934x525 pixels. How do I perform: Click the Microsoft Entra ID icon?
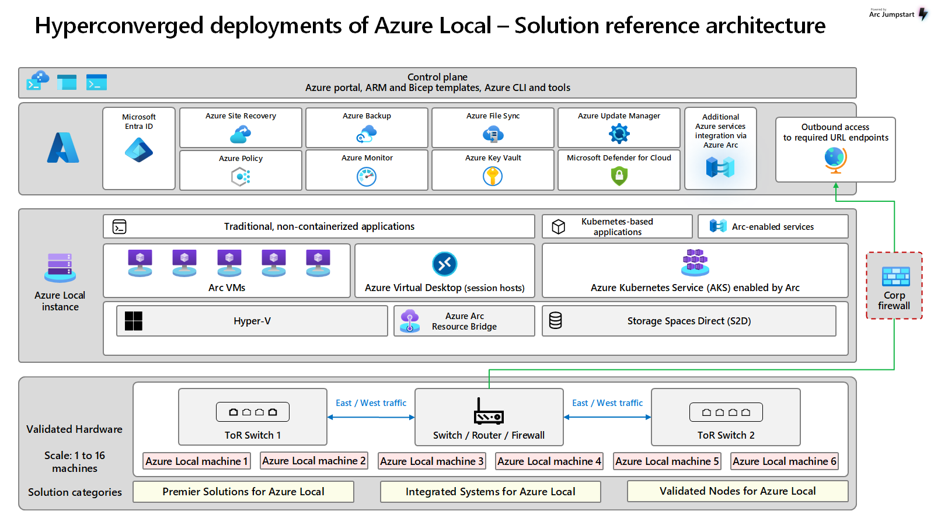tap(139, 150)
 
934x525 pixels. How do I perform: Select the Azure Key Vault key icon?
tap(493, 176)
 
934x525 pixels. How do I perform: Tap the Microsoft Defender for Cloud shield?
tap(619, 176)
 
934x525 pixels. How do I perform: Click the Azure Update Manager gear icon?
tap(619, 134)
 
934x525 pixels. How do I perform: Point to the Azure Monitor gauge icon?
tap(367, 176)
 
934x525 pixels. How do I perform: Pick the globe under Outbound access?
tap(835, 159)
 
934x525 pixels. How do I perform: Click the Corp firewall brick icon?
tap(895, 276)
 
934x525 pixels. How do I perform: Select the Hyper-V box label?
tap(252, 321)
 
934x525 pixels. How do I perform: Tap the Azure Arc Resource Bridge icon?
tap(410, 321)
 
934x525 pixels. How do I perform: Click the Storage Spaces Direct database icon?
tap(556, 320)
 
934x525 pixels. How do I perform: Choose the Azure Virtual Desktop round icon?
tap(445, 264)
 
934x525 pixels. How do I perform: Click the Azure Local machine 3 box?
tap(431, 461)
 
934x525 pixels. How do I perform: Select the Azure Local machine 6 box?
tap(784, 461)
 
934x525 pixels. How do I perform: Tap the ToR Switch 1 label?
tap(253, 435)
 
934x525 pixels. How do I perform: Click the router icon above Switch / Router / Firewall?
tap(489, 412)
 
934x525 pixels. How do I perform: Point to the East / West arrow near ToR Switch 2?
tap(607, 417)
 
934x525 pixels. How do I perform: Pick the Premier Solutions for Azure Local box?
tap(243, 492)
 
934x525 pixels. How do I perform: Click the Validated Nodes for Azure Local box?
tap(737, 491)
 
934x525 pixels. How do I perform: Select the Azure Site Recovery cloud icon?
tap(241, 135)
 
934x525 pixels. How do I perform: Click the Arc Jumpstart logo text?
tap(891, 15)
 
